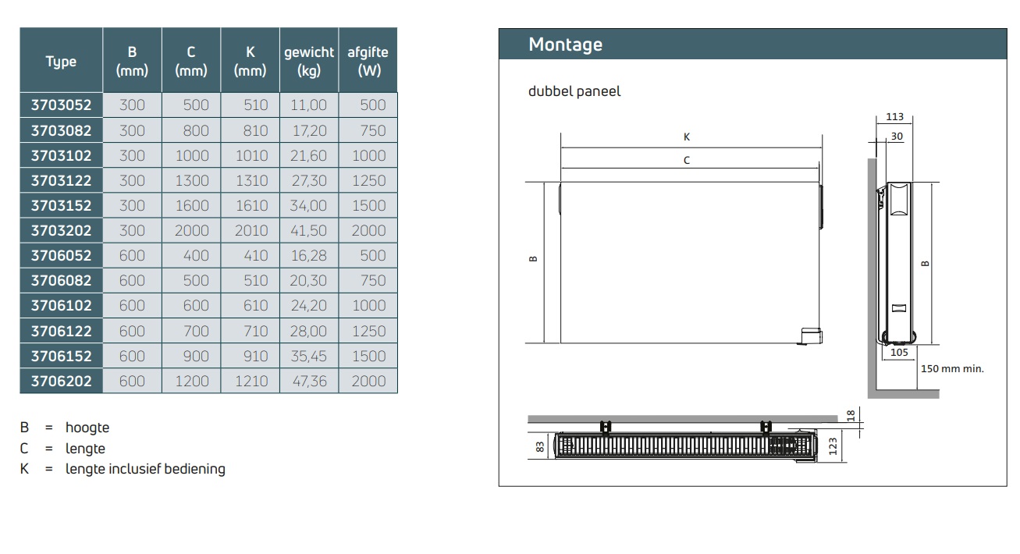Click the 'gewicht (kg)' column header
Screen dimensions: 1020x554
pyautogui.click(x=309, y=61)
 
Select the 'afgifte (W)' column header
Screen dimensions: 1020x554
pyautogui.click(x=368, y=61)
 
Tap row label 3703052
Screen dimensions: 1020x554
pyautogui.click(x=61, y=105)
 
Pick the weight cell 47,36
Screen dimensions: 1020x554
pyautogui.click(x=310, y=381)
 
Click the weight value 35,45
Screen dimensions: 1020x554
pyautogui.click(x=309, y=356)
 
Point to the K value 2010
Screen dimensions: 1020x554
pyautogui.click(x=251, y=230)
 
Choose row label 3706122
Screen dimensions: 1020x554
pyautogui.click(x=61, y=331)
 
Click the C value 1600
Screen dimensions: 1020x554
pyautogui.click(x=192, y=205)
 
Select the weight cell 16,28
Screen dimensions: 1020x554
pyautogui.click(x=309, y=255)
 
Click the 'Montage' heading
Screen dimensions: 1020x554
pyautogui.click(x=565, y=44)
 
